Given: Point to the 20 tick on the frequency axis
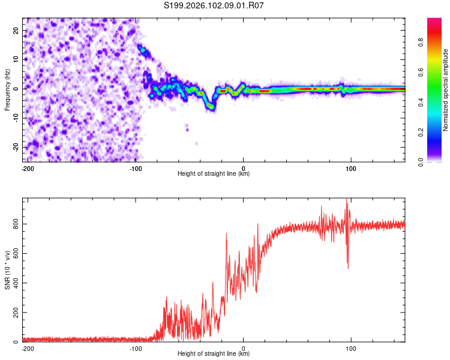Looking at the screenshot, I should click(x=17, y=30).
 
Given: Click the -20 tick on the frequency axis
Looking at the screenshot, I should click(x=16, y=147).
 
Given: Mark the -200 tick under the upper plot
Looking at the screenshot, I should click(x=27, y=168).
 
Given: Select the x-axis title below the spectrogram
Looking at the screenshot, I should click(x=214, y=174).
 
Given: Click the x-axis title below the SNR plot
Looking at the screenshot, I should click(x=214, y=354).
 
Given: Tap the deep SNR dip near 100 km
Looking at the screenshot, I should click(x=348, y=266).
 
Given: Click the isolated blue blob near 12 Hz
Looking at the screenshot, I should click(x=142, y=50).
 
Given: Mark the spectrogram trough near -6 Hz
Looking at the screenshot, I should click(x=211, y=106).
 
